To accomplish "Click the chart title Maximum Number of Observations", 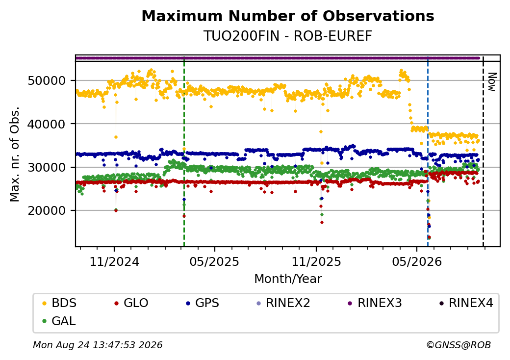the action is [288, 16].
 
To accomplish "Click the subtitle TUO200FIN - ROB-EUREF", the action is [288, 36].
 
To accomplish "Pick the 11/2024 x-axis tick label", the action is [114, 262].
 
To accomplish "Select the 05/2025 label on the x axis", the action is [214, 262].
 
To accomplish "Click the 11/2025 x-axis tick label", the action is [316, 262].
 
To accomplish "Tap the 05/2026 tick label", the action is [417, 262].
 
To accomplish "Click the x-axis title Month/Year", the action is [288, 279].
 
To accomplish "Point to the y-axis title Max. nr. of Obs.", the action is [15, 154].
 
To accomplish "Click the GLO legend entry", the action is [131, 303].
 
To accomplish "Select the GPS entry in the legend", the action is [203, 303].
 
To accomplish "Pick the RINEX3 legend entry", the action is [375, 303].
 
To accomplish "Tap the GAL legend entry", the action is [59, 321].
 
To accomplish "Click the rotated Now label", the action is [492, 82].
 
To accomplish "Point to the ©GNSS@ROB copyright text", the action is [459, 345].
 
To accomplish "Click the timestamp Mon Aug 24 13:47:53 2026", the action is [98, 345].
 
